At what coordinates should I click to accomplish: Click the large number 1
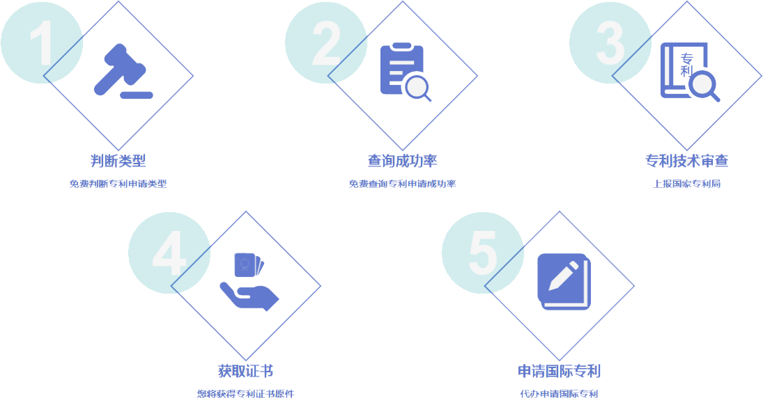pos(43,42)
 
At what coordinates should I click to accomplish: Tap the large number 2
pos(327,43)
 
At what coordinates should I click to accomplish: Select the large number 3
pos(610,43)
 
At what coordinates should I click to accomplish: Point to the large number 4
pos(169,253)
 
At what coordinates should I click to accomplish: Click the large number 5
pos(483,253)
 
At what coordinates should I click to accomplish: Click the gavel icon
pos(123,72)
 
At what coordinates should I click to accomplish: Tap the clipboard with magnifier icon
pos(406,72)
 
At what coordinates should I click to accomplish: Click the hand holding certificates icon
pos(249,282)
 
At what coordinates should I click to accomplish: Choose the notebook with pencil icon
pos(564,282)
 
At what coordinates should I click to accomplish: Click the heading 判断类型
pos(118,161)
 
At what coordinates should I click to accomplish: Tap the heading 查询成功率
pos(403,161)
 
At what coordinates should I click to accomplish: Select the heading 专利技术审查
pos(686,161)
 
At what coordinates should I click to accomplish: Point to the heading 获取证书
pos(246,372)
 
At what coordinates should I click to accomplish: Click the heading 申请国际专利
pos(559,372)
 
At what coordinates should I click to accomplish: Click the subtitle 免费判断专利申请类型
pos(118,184)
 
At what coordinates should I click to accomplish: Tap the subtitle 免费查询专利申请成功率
pos(403,184)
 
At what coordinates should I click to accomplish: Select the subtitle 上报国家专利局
pos(686,184)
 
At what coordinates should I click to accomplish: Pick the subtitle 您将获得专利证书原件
pos(246,394)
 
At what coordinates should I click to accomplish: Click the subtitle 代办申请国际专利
pos(559,394)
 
